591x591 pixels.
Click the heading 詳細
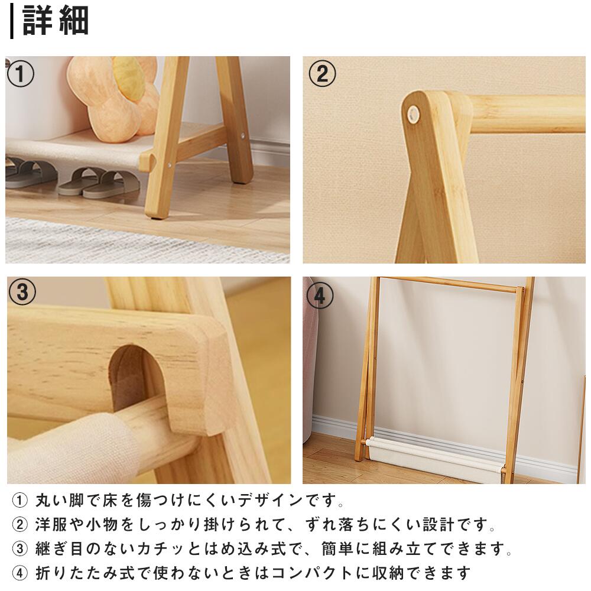coord(56,21)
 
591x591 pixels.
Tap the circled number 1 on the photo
coord(21,74)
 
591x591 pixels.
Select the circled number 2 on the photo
coord(322,74)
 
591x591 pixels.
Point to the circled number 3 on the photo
coord(22,292)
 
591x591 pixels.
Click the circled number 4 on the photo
coord(320,295)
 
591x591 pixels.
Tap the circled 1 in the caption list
coord(20,501)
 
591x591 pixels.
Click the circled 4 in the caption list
coord(20,573)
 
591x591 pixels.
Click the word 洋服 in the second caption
coord(51,525)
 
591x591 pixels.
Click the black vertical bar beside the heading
coord(12,21)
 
